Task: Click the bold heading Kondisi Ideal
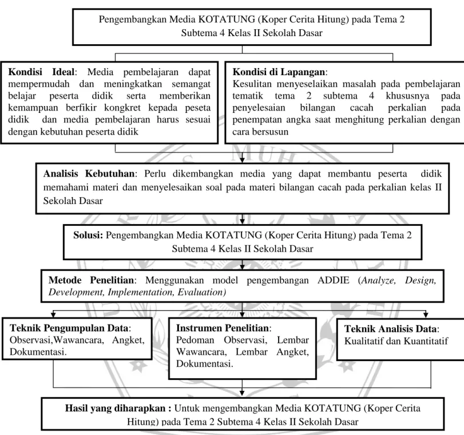click(x=41, y=72)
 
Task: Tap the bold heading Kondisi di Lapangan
click(x=279, y=72)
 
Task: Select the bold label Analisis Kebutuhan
click(x=89, y=174)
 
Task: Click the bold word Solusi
click(x=88, y=235)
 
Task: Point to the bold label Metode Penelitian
click(x=92, y=280)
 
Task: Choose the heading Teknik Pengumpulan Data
click(x=69, y=328)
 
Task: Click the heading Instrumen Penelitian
click(x=222, y=328)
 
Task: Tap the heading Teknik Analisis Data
click(x=390, y=329)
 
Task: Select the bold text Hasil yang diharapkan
click(x=118, y=408)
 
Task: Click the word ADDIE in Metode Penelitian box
click(x=333, y=280)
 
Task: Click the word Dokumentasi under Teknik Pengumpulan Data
click(x=38, y=352)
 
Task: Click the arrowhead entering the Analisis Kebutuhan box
click(x=242, y=160)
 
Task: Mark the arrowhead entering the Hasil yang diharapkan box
click(x=242, y=393)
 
